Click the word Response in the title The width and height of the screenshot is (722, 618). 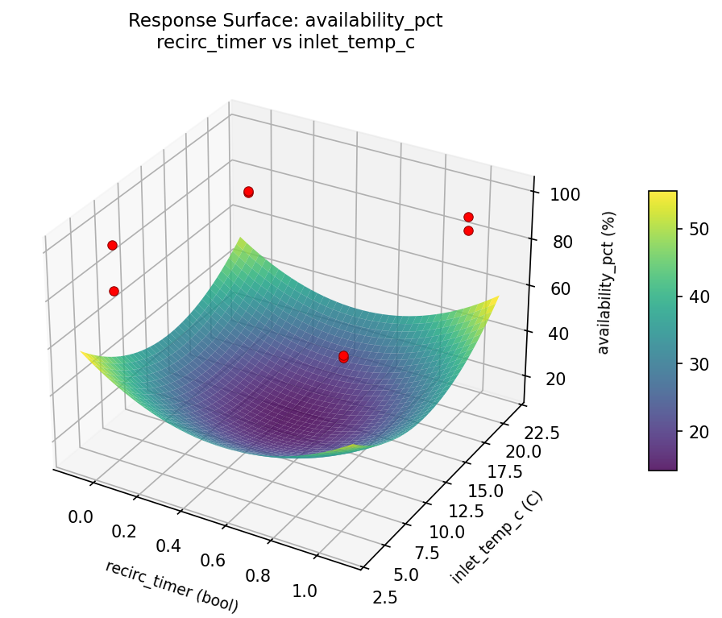(161, 21)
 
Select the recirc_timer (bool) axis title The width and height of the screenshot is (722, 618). (172, 583)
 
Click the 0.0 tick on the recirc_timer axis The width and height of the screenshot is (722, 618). (81, 516)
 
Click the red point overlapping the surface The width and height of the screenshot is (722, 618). (343, 356)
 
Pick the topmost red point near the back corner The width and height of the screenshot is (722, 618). (248, 192)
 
